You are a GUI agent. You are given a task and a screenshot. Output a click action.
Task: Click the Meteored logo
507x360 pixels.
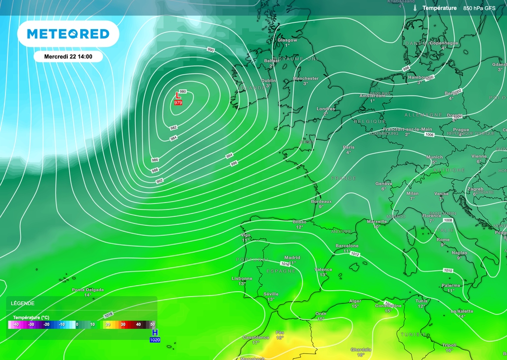(x=68, y=34)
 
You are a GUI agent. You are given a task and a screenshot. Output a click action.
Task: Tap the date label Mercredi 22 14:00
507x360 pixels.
(x=68, y=56)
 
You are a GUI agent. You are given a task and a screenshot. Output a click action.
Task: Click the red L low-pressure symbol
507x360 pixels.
(x=179, y=95)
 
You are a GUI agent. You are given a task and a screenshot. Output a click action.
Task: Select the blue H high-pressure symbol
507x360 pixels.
(x=155, y=333)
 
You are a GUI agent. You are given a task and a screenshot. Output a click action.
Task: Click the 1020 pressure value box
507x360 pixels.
(x=155, y=340)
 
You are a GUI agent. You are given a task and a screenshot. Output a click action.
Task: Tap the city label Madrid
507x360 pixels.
(x=292, y=257)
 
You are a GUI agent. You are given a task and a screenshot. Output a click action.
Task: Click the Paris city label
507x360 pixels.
(x=349, y=147)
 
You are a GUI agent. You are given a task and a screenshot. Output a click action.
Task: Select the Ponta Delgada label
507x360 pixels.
(x=88, y=290)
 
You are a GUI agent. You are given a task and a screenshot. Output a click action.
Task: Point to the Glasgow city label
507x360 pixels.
(x=287, y=40)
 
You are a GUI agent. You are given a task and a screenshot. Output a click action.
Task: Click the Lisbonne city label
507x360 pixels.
(x=242, y=278)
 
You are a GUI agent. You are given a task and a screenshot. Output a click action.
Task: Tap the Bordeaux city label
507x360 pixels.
(x=321, y=202)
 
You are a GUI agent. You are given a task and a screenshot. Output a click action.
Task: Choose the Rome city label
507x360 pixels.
(x=443, y=240)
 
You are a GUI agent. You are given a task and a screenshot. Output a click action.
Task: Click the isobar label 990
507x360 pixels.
(x=210, y=50)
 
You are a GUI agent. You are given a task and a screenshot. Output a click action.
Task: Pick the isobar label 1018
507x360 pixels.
(x=109, y=315)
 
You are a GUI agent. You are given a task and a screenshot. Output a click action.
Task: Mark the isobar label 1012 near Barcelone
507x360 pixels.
(x=355, y=254)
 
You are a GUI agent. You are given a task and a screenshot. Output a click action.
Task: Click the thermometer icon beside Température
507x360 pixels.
(x=414, y=8)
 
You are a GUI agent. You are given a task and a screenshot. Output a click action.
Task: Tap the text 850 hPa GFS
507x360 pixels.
(x=480, y=8)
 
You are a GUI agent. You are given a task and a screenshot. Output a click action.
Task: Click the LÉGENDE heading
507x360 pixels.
(x=23, y=303)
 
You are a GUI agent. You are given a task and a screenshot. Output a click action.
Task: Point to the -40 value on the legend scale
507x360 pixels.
(x=16, y=324)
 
